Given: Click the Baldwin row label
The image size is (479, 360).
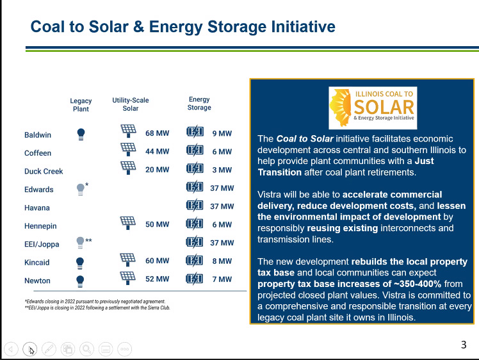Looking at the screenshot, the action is pos(38,135).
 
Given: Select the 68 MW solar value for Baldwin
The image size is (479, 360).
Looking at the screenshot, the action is pos(157,133).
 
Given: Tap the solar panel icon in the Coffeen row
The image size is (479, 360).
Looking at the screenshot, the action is pos(128,149).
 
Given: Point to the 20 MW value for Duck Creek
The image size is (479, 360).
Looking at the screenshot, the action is pos(157,170).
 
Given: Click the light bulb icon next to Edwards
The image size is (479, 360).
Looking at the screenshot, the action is pos(80,190).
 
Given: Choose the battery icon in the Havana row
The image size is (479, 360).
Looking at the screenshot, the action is pos(195,206).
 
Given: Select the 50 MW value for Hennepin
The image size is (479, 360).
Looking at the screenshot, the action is pos(157,224).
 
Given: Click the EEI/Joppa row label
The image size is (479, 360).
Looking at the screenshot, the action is pos(42,244).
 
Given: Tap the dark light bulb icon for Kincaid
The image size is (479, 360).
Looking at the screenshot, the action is pos(80,263).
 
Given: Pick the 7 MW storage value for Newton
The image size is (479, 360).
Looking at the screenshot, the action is pos(222,279).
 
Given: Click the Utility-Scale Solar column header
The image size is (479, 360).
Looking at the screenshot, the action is pos(131,104).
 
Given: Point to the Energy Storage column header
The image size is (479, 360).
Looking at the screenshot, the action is pos(199,103).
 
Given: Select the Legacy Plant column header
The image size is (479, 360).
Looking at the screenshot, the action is pos(81,105).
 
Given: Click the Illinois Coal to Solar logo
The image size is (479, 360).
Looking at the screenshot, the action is pos(373,108).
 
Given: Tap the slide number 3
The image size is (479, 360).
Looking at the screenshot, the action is pos(464,345).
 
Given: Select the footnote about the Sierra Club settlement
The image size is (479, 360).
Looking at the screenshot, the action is pos(97,307).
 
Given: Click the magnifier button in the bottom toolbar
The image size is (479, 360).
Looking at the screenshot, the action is pos(86,349).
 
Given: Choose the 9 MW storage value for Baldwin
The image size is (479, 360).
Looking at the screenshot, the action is pos(222,133).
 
